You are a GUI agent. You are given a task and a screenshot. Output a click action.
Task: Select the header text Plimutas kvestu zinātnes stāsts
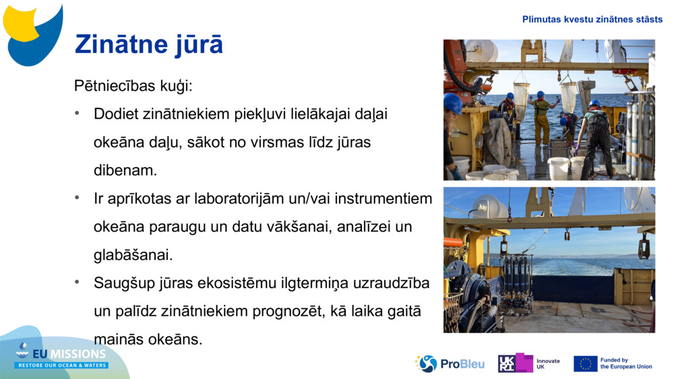[x=592, y=20]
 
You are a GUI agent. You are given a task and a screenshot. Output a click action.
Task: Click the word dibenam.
[x=125, y=171]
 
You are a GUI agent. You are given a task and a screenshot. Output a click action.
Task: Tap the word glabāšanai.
[x=133, y=256]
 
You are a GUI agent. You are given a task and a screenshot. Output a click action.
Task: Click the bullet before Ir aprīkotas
[x=78, y=199]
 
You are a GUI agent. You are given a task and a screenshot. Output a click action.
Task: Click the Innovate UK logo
[x=529, y=364]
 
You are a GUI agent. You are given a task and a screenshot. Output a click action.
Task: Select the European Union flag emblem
[x=585, y=364]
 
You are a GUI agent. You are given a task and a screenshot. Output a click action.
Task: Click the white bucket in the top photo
[x=558, y=168]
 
